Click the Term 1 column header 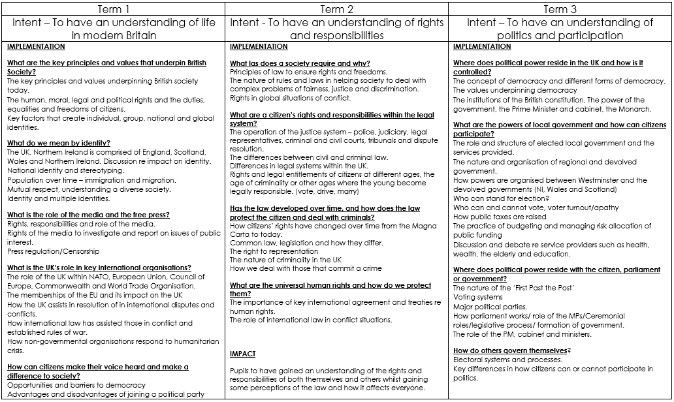coord(113,8)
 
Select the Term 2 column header coord(336,8)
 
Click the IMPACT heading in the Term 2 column coord(242,354)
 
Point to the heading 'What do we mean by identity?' coord(59,143)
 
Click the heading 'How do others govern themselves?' coord(512,350)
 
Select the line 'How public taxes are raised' coord(500,217)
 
